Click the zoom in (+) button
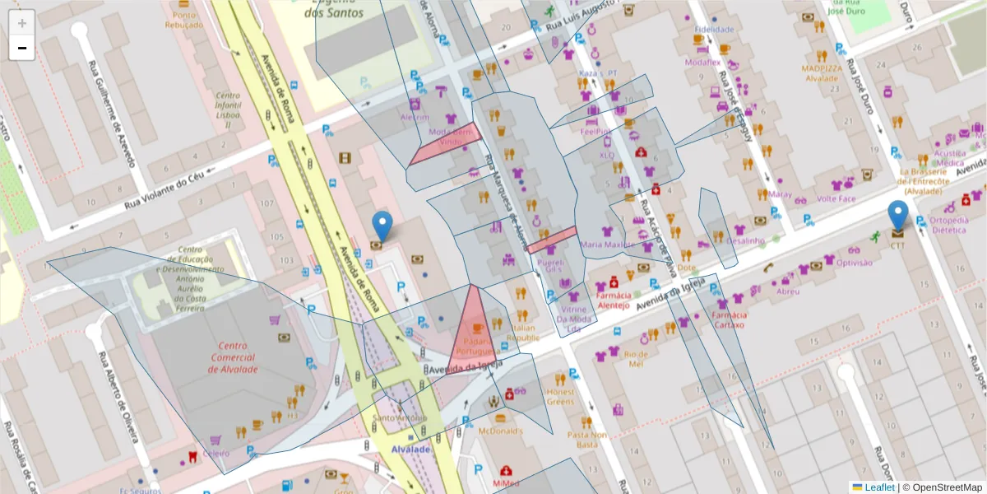pyautogui.click(x=22, y=23)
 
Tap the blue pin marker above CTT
pyautogui.click(x=898, y=215)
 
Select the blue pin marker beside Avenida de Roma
pyautogui.click(x=382, y=226)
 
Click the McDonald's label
pyautogui.click(x=498, y=431)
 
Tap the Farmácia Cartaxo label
pyautogui.click(x=729, y=319)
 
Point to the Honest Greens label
pyautogui.click(x=560, y=396)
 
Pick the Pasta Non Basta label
pyautogui.click(x=587, y=439)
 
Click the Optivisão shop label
pyautogui.click(x=854, y=263)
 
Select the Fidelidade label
pyautogui.click(x=713, y=29)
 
